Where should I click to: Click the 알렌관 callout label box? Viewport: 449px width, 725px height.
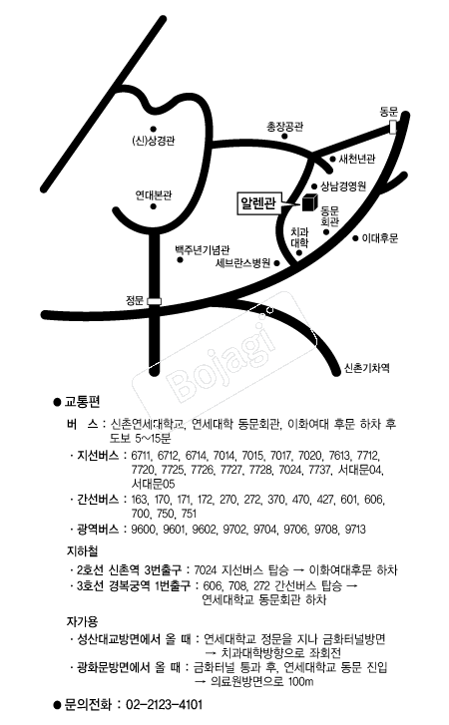pyautogui.click(x=258, y=203)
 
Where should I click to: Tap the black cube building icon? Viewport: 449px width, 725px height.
pyautogui.click(x=310, y=202)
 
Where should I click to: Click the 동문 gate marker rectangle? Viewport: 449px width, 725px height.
pyautogui.click(x=392, y=127)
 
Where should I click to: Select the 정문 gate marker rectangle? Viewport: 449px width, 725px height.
pyautogui.click(x=154, y=301)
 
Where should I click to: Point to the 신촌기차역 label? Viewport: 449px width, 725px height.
pyautogui.click(x=367, y=368)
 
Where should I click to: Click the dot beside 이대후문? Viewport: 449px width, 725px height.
pyautogui.click(x=355, y=238)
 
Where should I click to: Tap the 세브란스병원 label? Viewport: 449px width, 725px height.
pyautogui.click(x=242, y=263)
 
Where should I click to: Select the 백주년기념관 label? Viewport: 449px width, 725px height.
pyautogui.click(x=203, y=250)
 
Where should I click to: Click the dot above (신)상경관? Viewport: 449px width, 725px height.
pyautogui.click(x=153, y=129)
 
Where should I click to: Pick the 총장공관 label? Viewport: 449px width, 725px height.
pyautogui.click(x=284, y=127)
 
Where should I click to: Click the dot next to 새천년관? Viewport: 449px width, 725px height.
pyautogui.click(x=332, y=159)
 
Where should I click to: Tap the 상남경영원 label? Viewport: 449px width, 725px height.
pyautogui.click(x=343, y=185)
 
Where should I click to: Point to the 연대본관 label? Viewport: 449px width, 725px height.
pyautogui.click(x=154, y=195)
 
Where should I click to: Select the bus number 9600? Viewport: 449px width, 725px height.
pyautogui.click(x=144, y=529)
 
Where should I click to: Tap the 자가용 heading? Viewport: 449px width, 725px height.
pyautogui.click(x=82, y=621)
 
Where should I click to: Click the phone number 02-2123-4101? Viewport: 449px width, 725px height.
pyautogui.click(x=165, y=705)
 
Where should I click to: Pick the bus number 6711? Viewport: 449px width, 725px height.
pyautogui.click(x=142, y=456)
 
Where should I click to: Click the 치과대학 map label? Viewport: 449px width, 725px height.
pyautogui.click(x=300, y=237)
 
